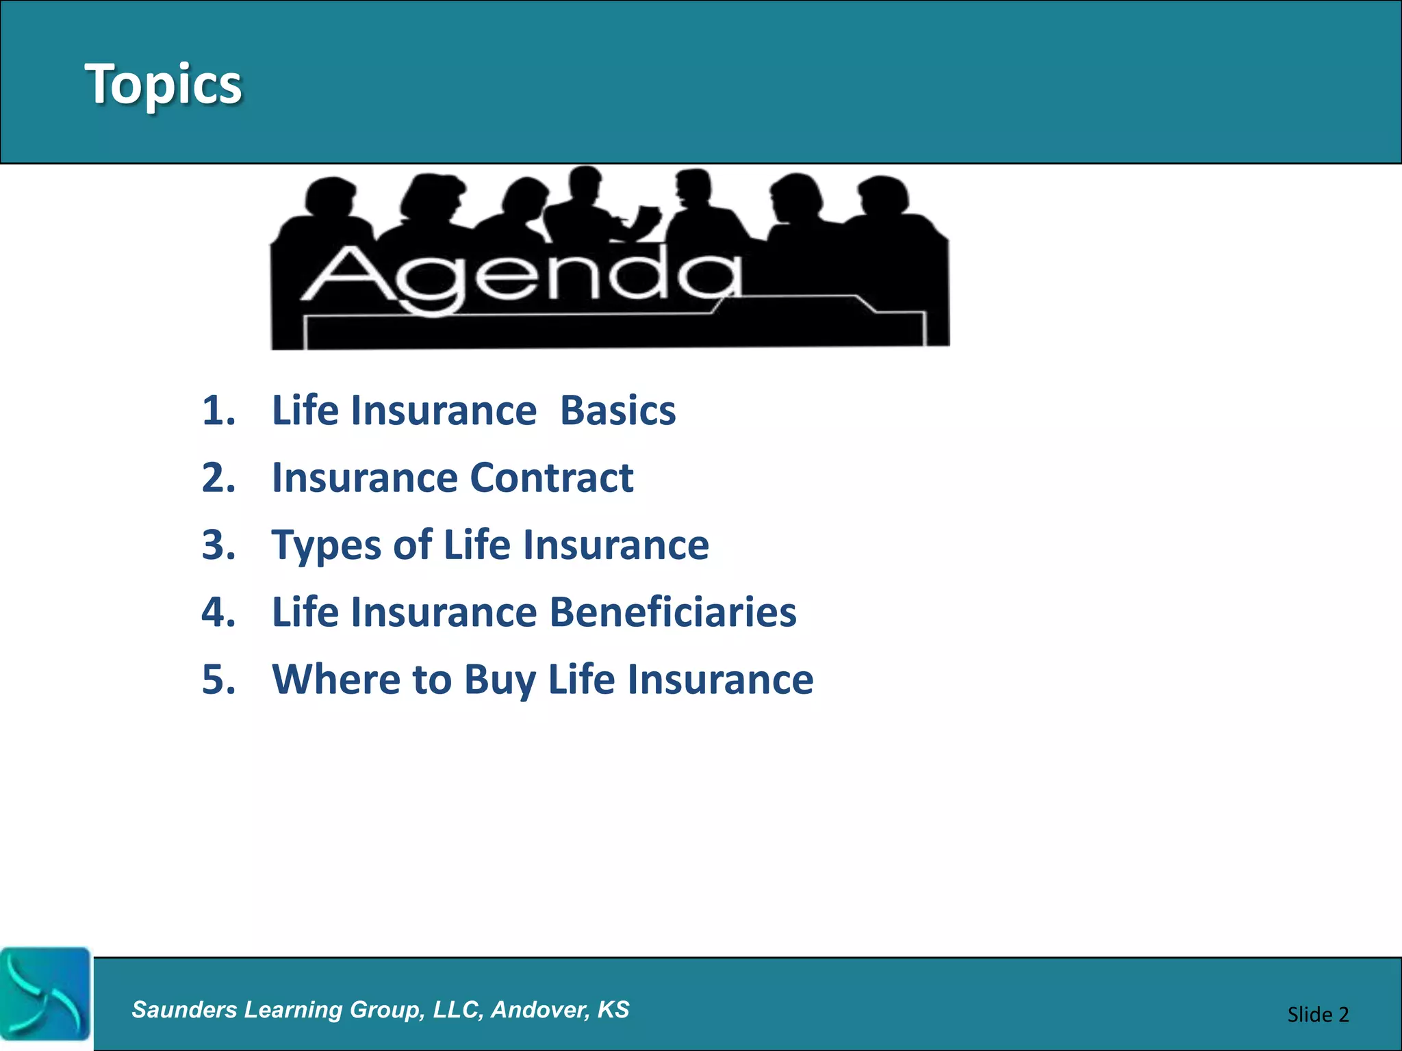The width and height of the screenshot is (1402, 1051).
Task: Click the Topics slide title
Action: tap(163, 83)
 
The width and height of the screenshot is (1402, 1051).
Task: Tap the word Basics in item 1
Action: tap(617, 411)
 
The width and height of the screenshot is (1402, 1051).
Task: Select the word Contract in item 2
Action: tap(551, 478)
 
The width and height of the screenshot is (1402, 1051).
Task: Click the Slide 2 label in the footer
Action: tap(1317, 1014)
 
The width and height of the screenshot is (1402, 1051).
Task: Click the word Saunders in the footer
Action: tap(184, 1009)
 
